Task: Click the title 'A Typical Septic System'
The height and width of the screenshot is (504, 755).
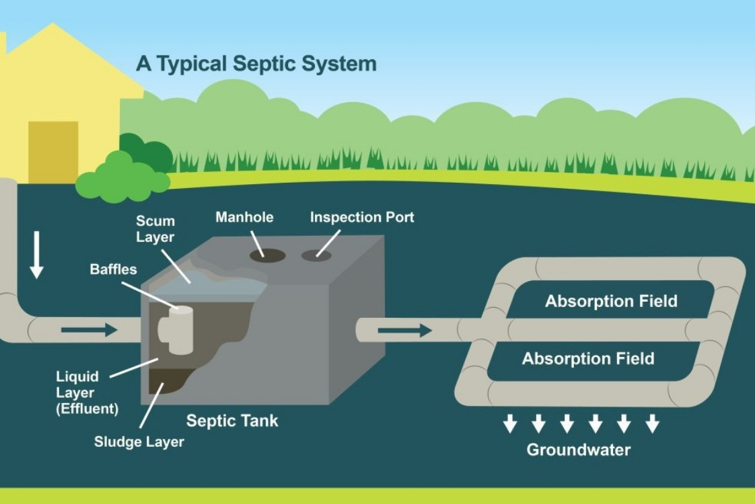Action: pos(256,64)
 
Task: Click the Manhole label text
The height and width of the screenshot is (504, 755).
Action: pos(244,217)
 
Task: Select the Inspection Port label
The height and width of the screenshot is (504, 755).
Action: pos(361,217)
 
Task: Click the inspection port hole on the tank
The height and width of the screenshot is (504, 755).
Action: pos(316,255)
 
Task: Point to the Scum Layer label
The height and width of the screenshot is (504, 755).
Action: pos(155,228)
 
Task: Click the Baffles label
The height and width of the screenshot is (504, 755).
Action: pos(113,269)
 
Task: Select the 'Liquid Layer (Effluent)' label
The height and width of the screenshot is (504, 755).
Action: pos(87,392)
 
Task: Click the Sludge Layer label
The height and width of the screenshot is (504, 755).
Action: pos(139,442)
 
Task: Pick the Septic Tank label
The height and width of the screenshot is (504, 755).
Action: pos(231,421)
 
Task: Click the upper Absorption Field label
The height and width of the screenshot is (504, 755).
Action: pos(610,300)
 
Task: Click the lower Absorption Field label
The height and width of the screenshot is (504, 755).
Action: pos(587,358)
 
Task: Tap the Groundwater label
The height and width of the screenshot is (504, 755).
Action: pos(578,450)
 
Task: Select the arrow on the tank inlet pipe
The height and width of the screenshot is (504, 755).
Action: pos(89,330)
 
